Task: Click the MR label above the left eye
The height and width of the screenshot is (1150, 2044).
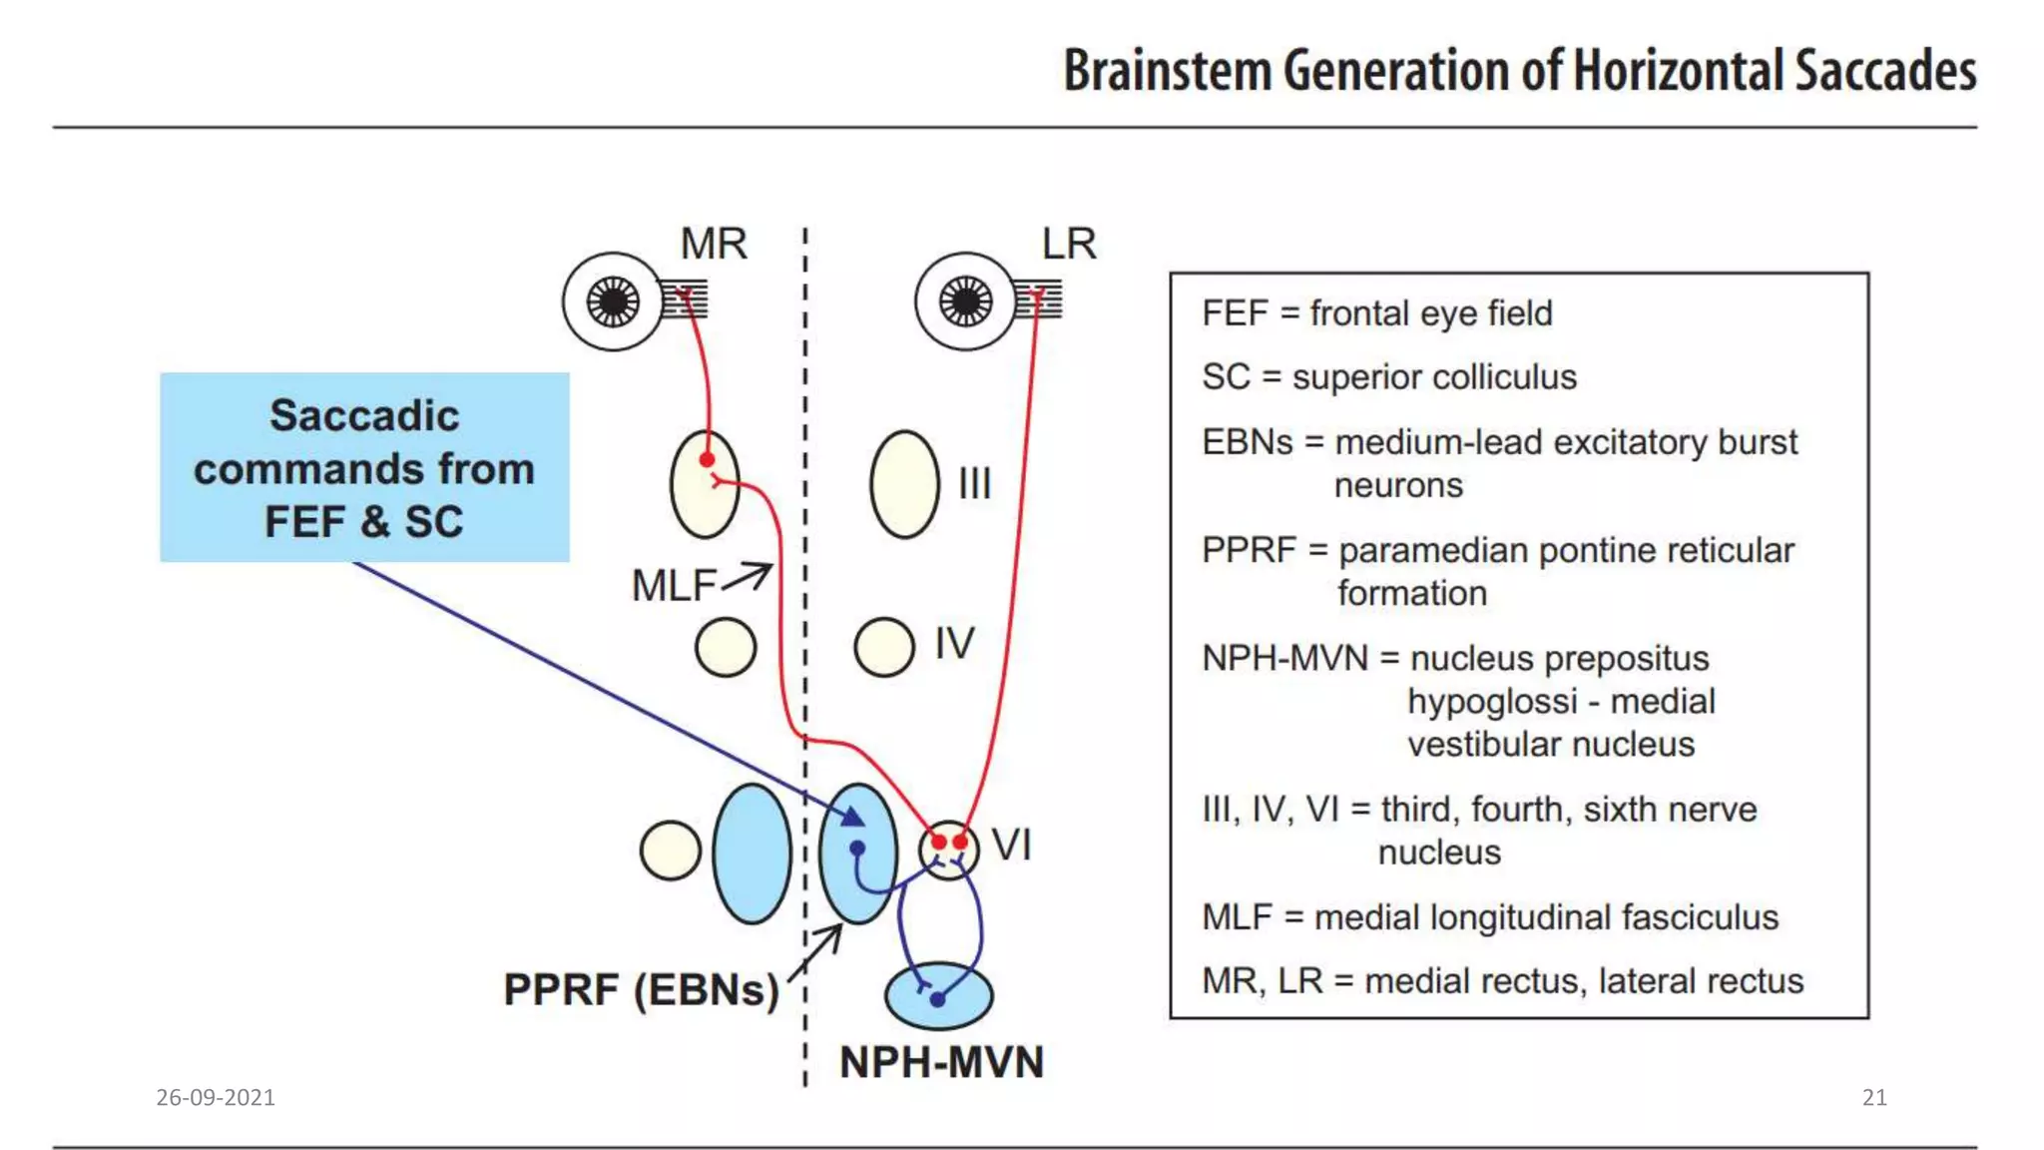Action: pyautogui.click(x=713, y=244)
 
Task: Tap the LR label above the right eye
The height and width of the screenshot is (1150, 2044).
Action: pyautogui.click(x=1068, y=244)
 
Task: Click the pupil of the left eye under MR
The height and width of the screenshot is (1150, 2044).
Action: pyautogui.click(x=613, y=301)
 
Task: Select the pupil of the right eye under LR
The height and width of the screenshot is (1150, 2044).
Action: pyautogui.click(x=965, y=301)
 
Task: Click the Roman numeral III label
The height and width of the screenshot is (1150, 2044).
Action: pyautogui.click(x=974, y=484)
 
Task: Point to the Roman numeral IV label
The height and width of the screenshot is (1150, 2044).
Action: pyautogui.click(x=954, y=644)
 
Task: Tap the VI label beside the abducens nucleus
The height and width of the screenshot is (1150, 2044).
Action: pyautogui.click(x=1011, y=846)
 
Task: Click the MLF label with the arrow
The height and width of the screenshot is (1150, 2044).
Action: pyautogui.click(x=674, y=586)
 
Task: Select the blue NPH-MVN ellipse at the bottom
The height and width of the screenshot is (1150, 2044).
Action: pyautogui.click(x=939, y=995)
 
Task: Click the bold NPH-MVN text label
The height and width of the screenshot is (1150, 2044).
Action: pyautogui.click(x=941, y=1062)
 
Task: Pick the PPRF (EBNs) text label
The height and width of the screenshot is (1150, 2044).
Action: pyautogui.click(x=641, y=989)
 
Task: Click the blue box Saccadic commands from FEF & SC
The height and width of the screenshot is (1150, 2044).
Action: pyautogui.click(x=364, y=467)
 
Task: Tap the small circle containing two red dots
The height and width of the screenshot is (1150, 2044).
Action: pyautogui.click(x=948, y=851)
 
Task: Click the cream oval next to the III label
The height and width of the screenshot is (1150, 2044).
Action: pyautogui.click(x=904, y=484)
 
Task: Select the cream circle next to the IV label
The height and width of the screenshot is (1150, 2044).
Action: pyautogui.click(x=884, y=647)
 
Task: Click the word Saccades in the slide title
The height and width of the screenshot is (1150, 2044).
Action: pyautogui.click(x=1884, y=72)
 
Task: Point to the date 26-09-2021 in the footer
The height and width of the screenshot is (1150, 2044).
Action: pyautogui.click(x=216, y=1097)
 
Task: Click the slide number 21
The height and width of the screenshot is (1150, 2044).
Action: pyautogui.click(x=1874, y=1097)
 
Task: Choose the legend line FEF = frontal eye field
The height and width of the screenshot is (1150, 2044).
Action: pyautogui.click(x=1376, y=313)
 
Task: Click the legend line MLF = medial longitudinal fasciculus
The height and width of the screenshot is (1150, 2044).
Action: pyautogui.click(x=1489, y=917)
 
